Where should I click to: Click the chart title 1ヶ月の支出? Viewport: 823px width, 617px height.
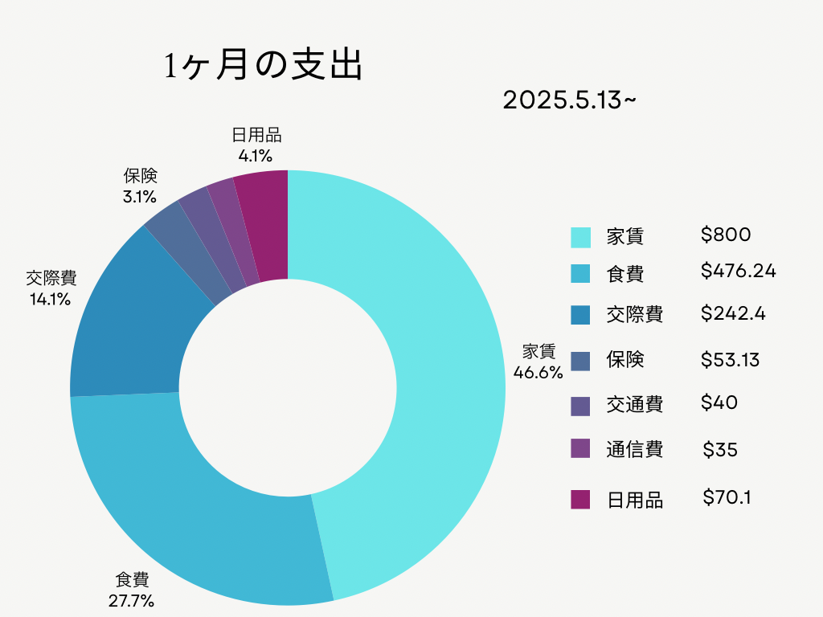264,65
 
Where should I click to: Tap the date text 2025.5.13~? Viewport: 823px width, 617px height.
570,100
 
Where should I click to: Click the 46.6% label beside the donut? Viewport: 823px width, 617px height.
538,373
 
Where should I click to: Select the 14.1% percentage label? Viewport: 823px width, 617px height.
51,299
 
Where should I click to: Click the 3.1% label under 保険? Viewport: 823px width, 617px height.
140,197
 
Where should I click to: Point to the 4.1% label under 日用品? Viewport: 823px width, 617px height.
256,156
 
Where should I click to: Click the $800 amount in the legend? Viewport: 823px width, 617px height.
726,235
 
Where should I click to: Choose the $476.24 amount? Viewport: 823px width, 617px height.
739,271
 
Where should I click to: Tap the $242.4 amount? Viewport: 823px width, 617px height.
733,313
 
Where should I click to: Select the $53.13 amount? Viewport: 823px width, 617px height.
730,360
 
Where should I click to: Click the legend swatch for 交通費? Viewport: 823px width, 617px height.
580,406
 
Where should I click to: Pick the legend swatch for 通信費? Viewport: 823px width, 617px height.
580,448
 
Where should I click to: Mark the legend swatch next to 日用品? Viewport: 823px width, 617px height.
580,500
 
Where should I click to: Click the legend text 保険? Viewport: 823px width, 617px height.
625,360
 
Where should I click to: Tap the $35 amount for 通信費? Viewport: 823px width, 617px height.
720,450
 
